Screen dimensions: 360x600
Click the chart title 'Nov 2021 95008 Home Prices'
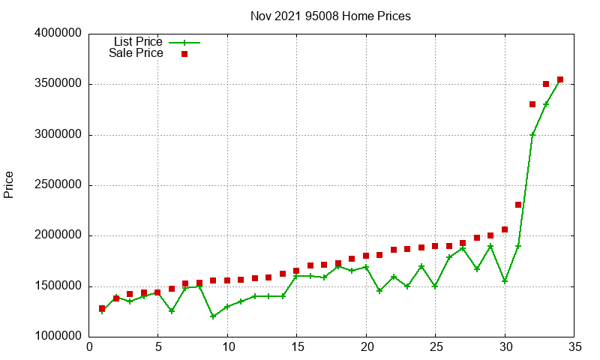330,16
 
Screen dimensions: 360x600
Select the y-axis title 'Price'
9,184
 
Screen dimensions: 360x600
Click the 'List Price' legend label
138,42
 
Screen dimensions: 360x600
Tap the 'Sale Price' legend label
136,53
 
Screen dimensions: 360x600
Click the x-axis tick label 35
574,347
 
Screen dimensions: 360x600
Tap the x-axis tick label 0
89,347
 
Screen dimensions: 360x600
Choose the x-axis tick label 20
366,347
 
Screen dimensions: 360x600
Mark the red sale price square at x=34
560,79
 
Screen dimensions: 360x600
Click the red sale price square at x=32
532,104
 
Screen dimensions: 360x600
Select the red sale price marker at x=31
518,205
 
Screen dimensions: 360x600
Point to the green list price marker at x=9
213,316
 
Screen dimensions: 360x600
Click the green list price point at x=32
532,135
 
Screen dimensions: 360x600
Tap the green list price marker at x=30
505,281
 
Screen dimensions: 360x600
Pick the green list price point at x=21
379,291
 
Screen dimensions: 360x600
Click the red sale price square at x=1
102,308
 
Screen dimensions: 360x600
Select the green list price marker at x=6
172,310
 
